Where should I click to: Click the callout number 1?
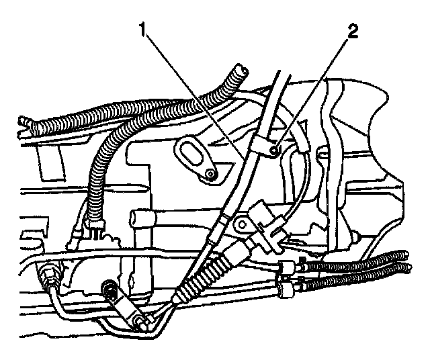[x=142, y=30]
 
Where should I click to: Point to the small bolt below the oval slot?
[x=211, y=175]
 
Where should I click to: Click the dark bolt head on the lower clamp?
[x=107, y=290]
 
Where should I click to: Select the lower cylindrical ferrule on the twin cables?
[x=284, y=289]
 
